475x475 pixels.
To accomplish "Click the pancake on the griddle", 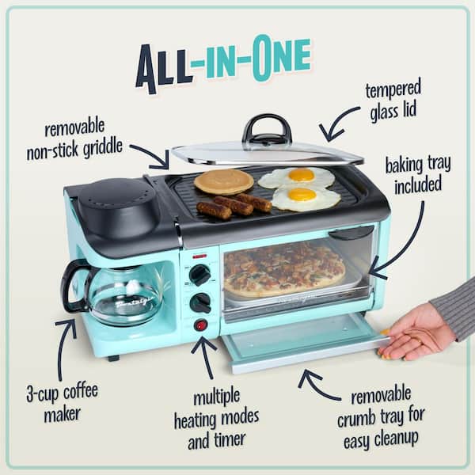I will pyautogui.click(x=223, y=181).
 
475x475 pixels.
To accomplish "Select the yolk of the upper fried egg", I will pyautogui.click(x=301, y=175).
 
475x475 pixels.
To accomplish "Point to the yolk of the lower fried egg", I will pyautogui.click(x=302, y=195).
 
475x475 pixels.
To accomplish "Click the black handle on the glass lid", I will pyautogui.click(x=266, y=128).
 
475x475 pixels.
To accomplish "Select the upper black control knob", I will pyautogui.click(x=200, y=275).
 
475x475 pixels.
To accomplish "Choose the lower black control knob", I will pyautogui.click(x=200, y=302).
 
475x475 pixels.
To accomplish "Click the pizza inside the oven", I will pyautogui.click(x=283, y=269).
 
